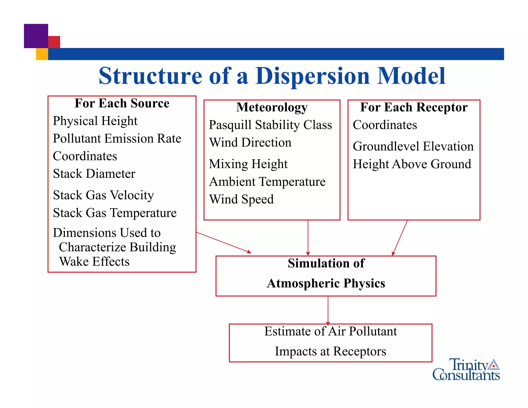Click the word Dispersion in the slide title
click(312, 76)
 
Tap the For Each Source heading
click(122, 103)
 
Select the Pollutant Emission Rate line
click(117, 138)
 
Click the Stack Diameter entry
click(94, 174)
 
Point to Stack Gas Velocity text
click(103, 195)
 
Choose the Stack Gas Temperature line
click(115, 213)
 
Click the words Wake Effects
click(94, 262)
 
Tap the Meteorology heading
click(272, 107)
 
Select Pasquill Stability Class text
click(270, 125)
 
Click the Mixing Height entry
click(248, 164)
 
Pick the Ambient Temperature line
click(267, 182)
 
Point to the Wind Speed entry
click(241, 199)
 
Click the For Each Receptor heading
click(414, 107)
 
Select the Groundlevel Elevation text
click(413, 146)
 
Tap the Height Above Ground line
click(412, 164)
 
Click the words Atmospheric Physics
click(326, 283)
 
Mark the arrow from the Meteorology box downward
click(308, 237)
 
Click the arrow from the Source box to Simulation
click(223, 242)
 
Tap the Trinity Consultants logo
click(466, 370)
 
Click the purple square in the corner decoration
click(36, 36)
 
